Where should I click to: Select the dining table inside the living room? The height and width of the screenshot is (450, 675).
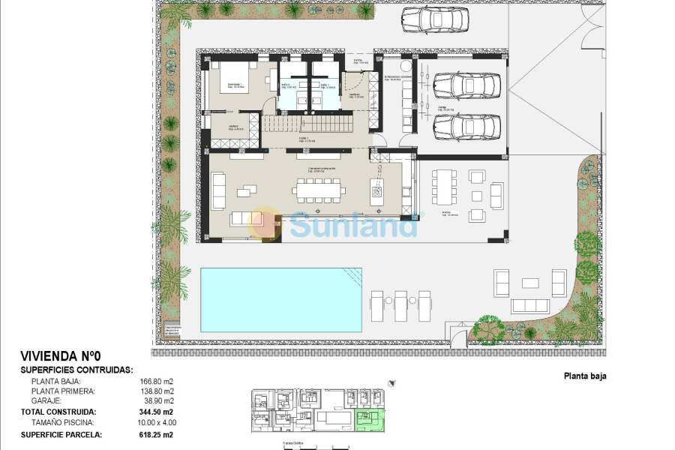point(320,190)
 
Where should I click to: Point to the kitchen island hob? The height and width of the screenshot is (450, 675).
point(376,190)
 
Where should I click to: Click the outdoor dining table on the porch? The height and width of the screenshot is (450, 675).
point(444,187)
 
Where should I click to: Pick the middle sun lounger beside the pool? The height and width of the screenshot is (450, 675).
point(401,305)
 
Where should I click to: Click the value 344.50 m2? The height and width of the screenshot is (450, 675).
point(159,412)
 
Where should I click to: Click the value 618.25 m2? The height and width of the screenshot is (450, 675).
point(158,434)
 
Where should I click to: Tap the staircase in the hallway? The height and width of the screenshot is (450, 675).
point(307,124)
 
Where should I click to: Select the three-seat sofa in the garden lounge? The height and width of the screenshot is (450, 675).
point(529,306)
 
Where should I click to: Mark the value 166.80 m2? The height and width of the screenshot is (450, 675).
point(158,381)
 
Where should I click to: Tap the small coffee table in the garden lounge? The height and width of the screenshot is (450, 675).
point(529,283)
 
